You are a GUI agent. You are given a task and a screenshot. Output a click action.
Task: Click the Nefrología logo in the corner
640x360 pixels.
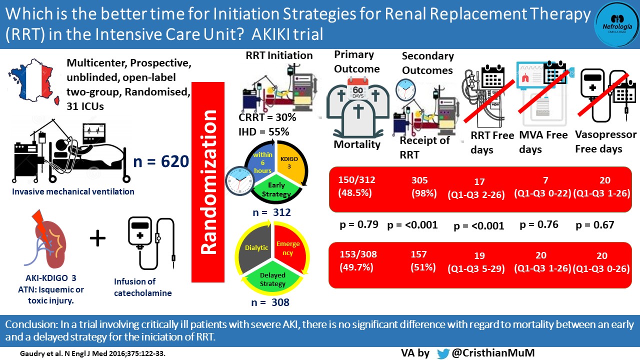pos(616,24)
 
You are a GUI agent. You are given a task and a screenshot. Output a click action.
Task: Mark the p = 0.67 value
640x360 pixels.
pos(595,225)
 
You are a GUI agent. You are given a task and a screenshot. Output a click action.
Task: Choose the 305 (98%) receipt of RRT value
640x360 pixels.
pos(420,186)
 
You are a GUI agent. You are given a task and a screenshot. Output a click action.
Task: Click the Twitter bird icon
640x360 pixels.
pos(443,353)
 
